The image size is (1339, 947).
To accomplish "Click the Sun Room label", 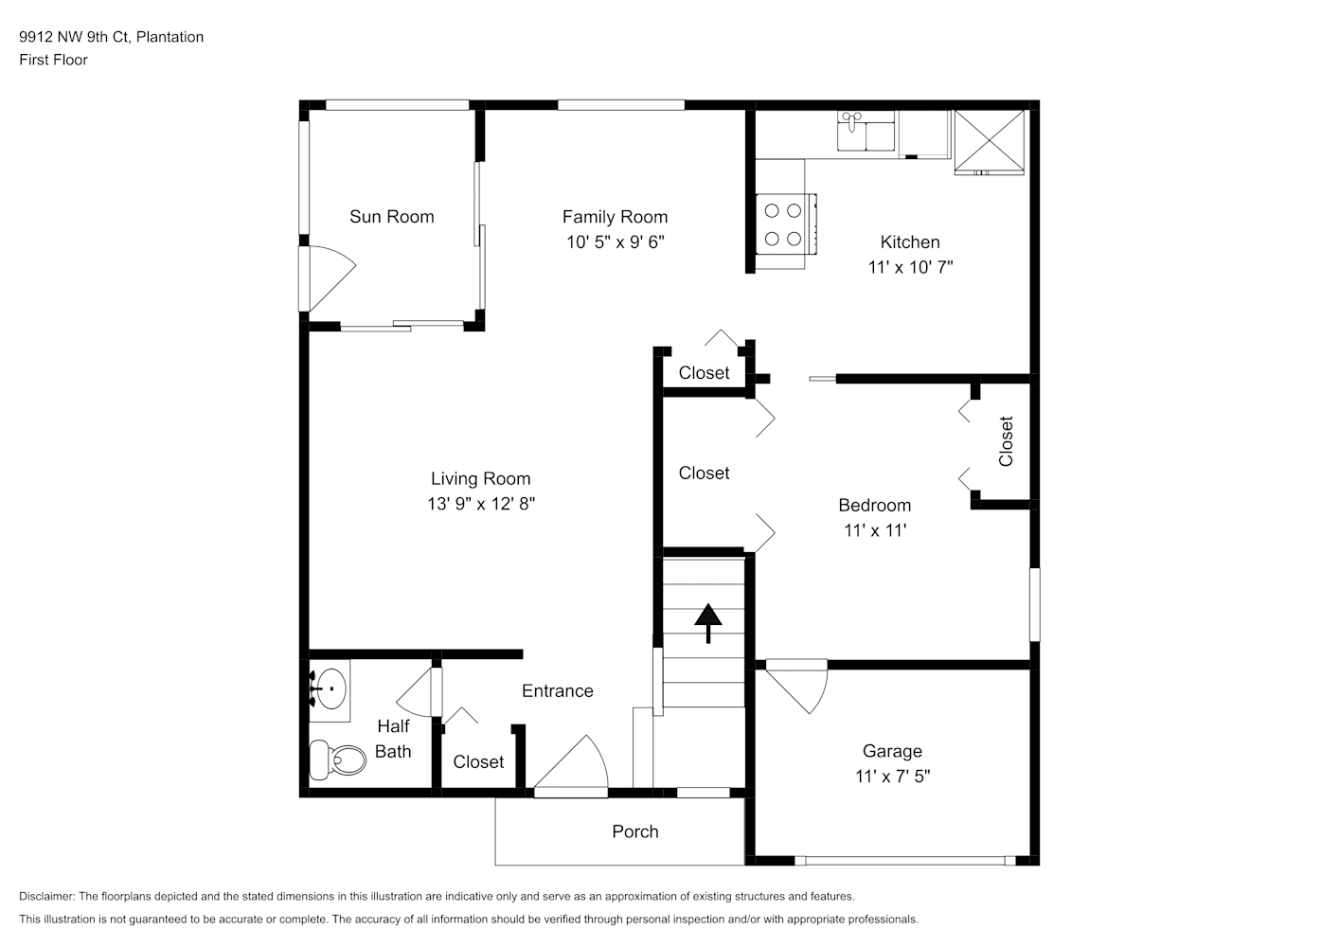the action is tap(391, 217).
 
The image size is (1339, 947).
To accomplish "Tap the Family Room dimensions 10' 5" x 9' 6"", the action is tap(616, 242).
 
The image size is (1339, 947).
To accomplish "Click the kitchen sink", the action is tap(866, 131).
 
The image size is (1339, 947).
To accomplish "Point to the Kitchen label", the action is tap(910, 242).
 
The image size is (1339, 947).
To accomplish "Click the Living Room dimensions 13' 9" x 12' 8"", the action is tap(481, 504).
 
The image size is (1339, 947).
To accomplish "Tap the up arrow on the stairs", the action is tap(708, 623).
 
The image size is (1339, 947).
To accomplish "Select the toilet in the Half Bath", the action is tap(337, 759).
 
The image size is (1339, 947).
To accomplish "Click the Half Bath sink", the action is tap(330, 689).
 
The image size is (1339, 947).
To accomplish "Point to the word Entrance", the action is tap(558, 691).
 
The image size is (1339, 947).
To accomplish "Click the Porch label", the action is tap(635, 831).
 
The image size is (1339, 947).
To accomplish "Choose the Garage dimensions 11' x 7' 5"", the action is tap(892, 777).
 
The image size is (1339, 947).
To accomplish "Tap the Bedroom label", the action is tap(875, 505).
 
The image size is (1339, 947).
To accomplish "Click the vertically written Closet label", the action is tap(1006, 441).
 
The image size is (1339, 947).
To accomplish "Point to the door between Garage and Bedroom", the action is tap(796, 687).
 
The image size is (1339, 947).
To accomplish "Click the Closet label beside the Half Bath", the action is tap(478, 762).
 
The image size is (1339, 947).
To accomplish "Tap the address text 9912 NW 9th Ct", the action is tap(74, 37).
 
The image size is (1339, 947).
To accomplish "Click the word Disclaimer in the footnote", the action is tap(46, 897).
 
